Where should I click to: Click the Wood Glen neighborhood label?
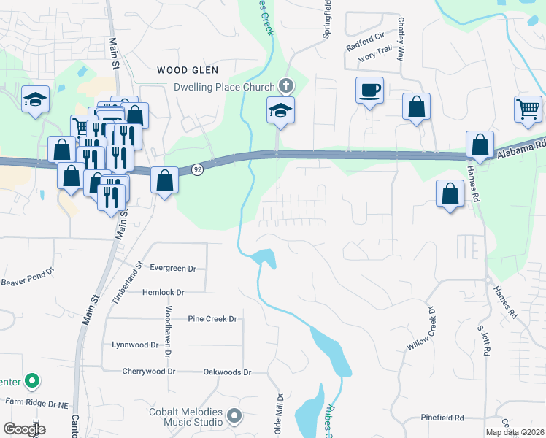point(188,70)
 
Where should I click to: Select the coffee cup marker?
point(369,91)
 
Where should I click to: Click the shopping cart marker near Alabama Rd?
point(528,109)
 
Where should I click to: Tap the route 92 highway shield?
point(198,169)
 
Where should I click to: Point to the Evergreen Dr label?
point(172,268)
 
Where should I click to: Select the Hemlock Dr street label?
point(164,292)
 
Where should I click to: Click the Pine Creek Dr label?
point(212,319)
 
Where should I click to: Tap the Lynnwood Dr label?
point(135,345)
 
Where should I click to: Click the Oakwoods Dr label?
point(226,372)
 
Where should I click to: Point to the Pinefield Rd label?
point(442,418)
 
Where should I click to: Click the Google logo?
point(24,429)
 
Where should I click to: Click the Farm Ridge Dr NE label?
point(36,401)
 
